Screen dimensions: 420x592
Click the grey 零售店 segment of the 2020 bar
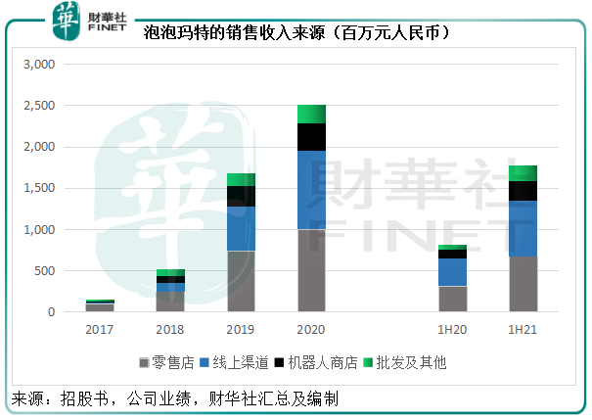[x=311, y=270]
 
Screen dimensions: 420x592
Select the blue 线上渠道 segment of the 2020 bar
[x=311, y=190]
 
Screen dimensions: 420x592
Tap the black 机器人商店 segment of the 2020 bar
[x=311, y=137]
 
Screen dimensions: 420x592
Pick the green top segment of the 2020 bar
[x=311, y=114]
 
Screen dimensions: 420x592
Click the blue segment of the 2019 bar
[x=241, y=228]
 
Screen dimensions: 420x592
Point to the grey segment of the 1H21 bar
[x=523, y=284]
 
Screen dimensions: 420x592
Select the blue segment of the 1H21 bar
[x=523, y=228]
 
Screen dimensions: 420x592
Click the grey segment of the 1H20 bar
[x=452, y=299]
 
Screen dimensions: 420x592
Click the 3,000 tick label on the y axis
[x=44, y=65]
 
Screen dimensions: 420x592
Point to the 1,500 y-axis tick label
[x=44, y=188]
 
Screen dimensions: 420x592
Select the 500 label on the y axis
[x=50, y=271]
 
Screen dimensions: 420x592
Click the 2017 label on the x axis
[x=100, y=330]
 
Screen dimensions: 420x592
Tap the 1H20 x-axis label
[x=452, y=330]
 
